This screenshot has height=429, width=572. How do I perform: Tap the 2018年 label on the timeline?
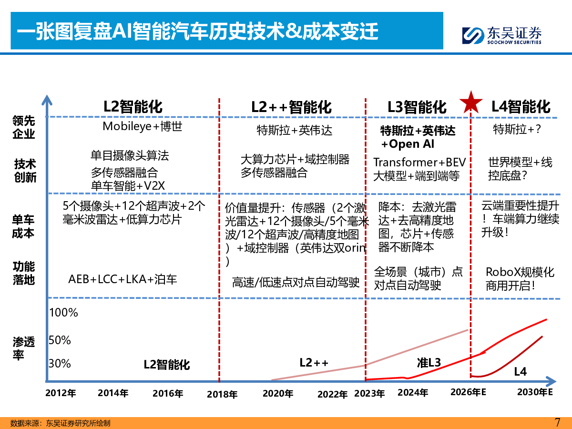[x=223, y=394]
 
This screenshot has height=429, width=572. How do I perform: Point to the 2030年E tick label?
[x=535, y=393]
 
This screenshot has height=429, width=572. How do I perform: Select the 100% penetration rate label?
[x=64, y=313]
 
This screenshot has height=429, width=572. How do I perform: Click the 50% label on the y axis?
[x=60, y=340]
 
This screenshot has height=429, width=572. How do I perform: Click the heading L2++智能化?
[x=291, y=107]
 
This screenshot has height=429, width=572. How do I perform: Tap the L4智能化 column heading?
[x=521, y=106]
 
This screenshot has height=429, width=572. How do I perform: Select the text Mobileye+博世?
[x=143, y=126]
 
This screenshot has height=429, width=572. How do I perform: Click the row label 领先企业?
[x=24, y=128]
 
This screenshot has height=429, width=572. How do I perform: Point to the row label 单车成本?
[x=24, y=226]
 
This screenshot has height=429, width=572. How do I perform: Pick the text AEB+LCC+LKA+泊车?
[x=123, y=279]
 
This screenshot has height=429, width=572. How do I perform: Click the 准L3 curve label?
[x=429, y=363]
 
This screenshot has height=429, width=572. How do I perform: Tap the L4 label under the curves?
[x=521, y=372]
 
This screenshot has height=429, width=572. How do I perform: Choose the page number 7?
[x=558, y=422]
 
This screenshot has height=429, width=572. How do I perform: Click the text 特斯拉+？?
[x=518, y=129]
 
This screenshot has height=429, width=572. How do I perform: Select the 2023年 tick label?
[x=369, y=394]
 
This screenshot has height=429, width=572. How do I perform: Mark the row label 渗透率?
[x=24, y=348]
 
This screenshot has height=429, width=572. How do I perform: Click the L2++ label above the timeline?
[x=314, y=362]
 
